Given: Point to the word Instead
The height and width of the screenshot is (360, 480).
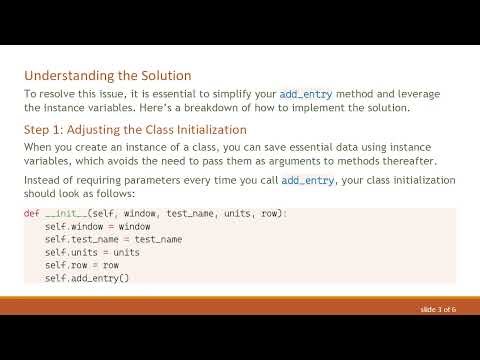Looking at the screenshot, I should pyautogui.click(x=43, y=180).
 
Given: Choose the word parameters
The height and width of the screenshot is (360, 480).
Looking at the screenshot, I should pyautogui.click(x=141, y=180).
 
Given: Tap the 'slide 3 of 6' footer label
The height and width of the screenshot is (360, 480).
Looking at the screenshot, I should pyautogui.click(x=438, y=311).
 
